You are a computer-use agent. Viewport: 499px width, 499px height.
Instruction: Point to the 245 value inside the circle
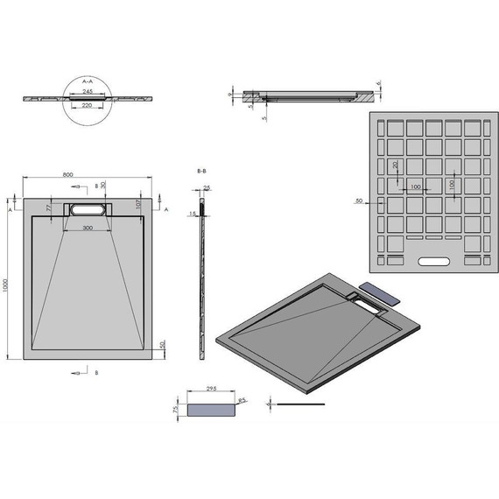(x=88, y=91)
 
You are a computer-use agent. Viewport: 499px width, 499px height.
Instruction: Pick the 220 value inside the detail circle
(x=88, y=105)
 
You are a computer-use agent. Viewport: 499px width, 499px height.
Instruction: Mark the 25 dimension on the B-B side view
(x=207, y=187)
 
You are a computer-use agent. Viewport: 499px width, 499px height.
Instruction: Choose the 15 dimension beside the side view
(x=192, y=213)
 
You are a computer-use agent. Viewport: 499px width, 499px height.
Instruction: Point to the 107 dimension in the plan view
(x=138, y=204)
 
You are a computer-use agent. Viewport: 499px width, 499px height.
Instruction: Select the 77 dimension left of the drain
(x=50, y=208)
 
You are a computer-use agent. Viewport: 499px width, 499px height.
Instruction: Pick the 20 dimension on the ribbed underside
(x=395, y=165)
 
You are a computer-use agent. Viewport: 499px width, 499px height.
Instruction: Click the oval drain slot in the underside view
(x=432, y=261)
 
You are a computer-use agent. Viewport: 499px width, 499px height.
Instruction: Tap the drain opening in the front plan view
(x=86, y=210)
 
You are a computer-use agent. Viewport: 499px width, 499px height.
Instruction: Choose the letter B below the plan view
(x=96, y=372)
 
